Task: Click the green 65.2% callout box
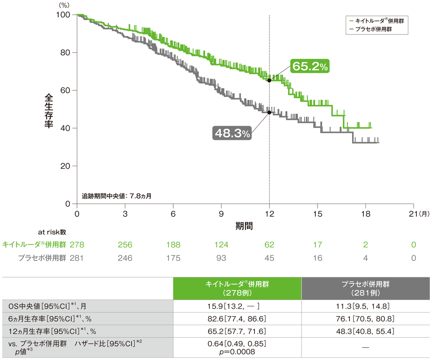pos(309,66)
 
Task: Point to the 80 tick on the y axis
pos(64,53)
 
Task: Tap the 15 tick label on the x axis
pos(318,214)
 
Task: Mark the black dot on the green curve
pos(270,80)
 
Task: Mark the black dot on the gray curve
pos(270,112)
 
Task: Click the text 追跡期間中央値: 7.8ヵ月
pos(116,196)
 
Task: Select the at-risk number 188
pos(173,245)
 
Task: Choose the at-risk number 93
pos(221,258)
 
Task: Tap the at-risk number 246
pos(124,258)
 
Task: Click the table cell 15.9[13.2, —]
pos(237,307)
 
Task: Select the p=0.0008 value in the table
pos(237,352)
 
